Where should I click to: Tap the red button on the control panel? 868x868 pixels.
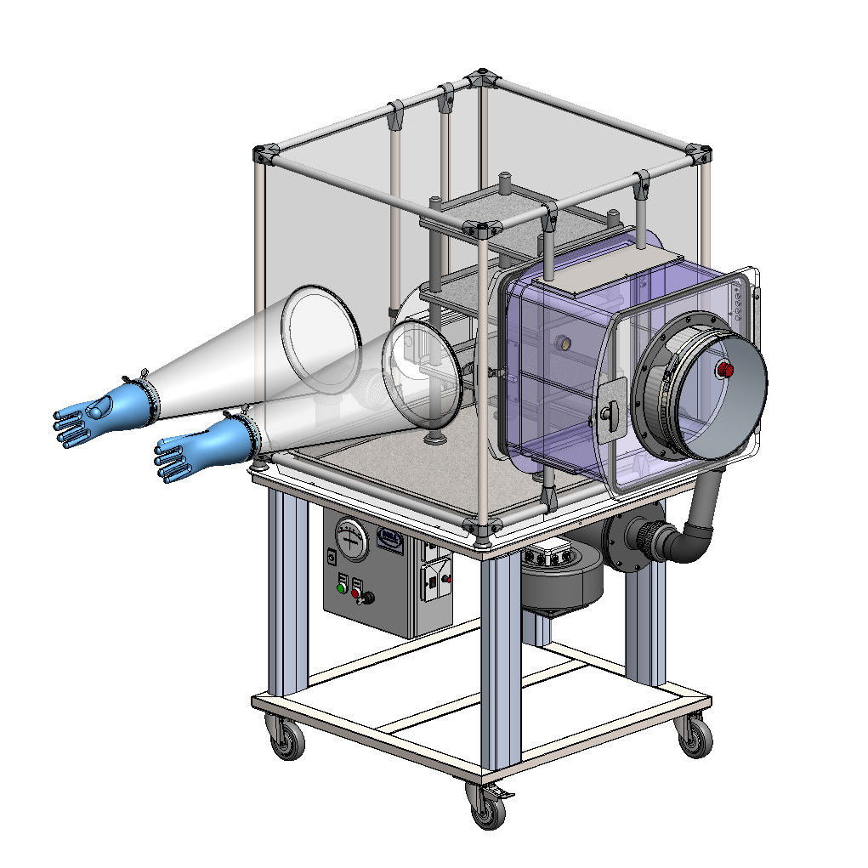tap(357, 593)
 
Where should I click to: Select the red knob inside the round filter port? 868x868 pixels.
tap(724, 369)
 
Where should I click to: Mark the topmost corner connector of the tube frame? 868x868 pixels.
tap(481, 76)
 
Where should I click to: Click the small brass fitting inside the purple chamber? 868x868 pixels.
tap(560, 344)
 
